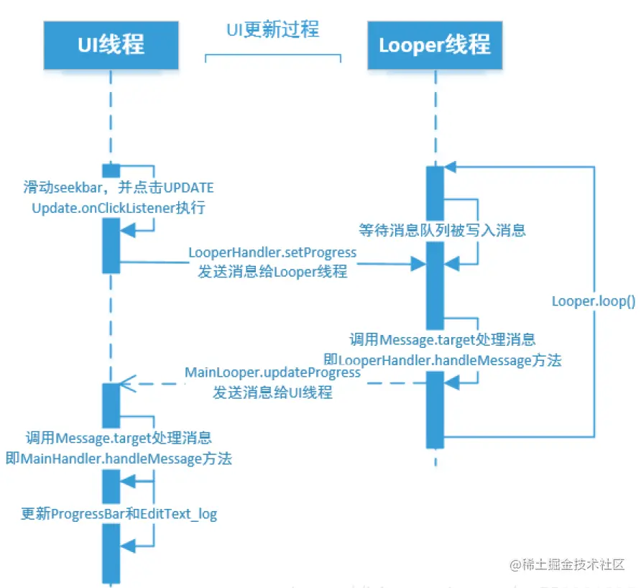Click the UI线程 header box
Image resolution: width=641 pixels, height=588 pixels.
click(111, 45)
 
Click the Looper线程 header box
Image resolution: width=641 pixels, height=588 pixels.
click(435, 45)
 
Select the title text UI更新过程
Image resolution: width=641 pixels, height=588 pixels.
click(272, 29)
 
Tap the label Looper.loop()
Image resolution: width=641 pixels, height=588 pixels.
click(594, 301)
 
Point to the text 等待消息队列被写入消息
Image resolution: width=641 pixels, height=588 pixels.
click(442, 230)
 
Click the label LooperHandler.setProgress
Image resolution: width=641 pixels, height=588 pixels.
click(272, 253)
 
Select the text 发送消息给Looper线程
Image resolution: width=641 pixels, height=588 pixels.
click(272, 272)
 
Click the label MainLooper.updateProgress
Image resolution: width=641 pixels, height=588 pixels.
click(272, 373)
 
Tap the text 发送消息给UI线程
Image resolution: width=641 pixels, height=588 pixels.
click(272, 392)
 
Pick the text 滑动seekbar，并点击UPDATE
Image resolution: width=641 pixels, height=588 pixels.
click(119, 188)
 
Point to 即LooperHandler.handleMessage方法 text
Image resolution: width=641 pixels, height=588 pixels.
click(442, 359)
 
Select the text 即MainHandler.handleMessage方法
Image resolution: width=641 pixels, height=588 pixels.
click(119, 458)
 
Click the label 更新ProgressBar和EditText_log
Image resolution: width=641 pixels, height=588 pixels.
click(119, 514)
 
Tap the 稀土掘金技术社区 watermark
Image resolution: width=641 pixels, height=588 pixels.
click(567, 565)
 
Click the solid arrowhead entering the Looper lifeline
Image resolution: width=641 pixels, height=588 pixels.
click(418, 265)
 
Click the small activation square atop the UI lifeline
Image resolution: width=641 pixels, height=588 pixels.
click(111, 170)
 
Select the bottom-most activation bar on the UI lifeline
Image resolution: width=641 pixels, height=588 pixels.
click(111, 552)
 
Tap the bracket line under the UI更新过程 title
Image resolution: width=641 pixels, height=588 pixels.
click(272, 55)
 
